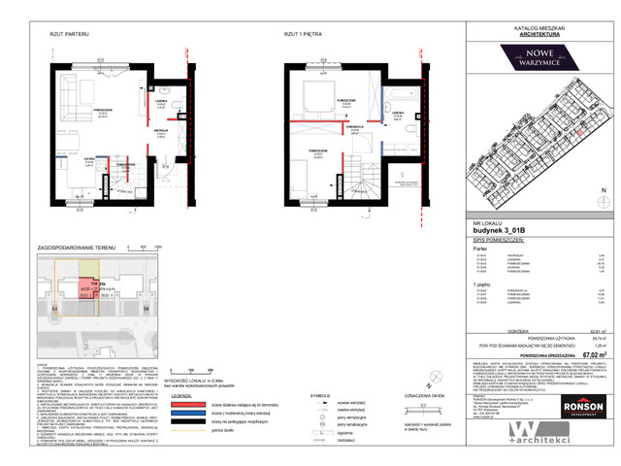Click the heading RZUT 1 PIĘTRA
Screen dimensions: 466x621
click(303, 35)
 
